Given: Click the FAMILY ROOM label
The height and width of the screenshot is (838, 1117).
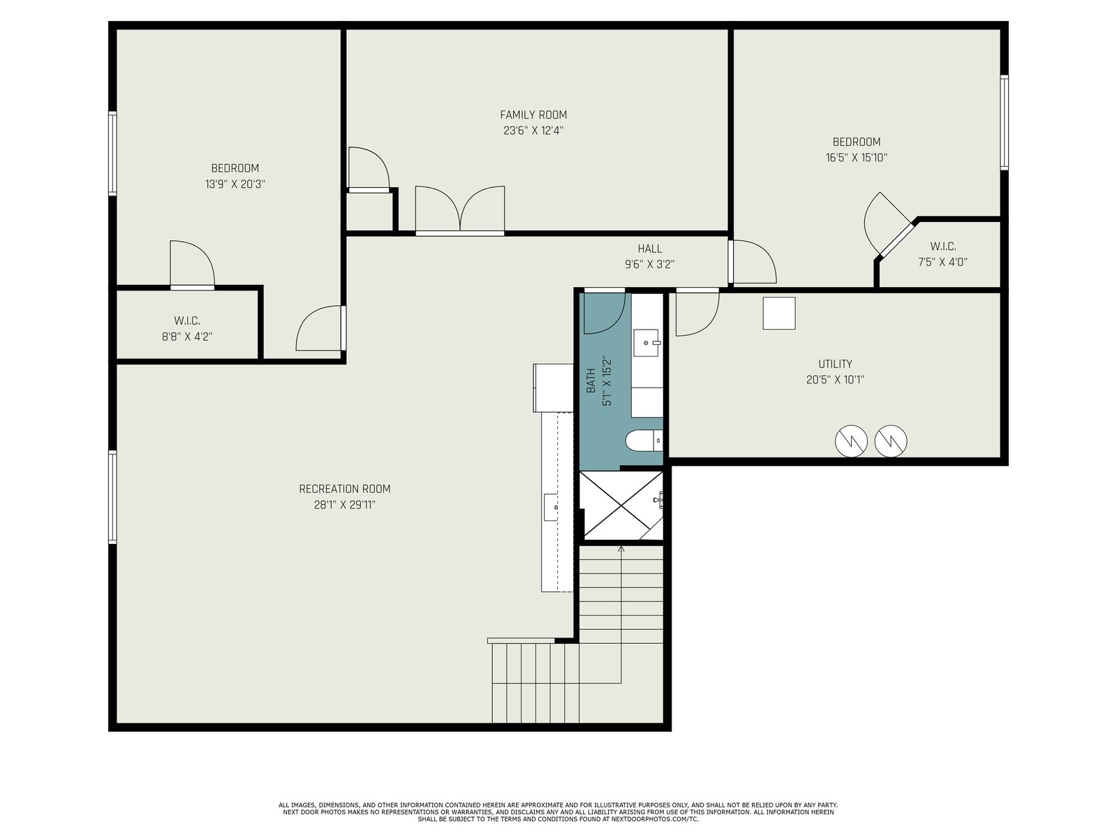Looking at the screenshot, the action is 533,115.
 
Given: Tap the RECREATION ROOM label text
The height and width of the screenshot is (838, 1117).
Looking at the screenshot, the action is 344,489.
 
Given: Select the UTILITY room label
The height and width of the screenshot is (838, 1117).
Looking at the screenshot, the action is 834,364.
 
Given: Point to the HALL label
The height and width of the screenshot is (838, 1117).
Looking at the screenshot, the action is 649,249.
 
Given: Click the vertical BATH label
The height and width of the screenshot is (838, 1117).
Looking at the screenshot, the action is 591,381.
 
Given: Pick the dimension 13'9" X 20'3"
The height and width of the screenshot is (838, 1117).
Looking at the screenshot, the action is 235,184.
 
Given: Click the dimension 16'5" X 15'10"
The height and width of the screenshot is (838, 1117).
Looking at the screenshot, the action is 857,158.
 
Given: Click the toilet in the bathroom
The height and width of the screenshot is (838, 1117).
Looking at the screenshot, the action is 644,441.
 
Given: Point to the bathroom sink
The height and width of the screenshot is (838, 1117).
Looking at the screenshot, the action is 646,343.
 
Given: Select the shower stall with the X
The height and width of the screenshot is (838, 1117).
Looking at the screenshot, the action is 621,506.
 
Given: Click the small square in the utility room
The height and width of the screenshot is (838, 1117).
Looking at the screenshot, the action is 778,314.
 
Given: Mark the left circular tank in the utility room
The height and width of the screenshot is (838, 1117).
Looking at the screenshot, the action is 851,441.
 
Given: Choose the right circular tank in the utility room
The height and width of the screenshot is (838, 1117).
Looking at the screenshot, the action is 891,441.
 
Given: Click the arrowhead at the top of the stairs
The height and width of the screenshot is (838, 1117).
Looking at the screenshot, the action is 621,548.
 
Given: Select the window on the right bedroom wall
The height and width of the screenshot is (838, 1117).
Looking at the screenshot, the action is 1004,123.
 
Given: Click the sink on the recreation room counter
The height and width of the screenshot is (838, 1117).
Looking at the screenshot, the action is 551,507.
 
